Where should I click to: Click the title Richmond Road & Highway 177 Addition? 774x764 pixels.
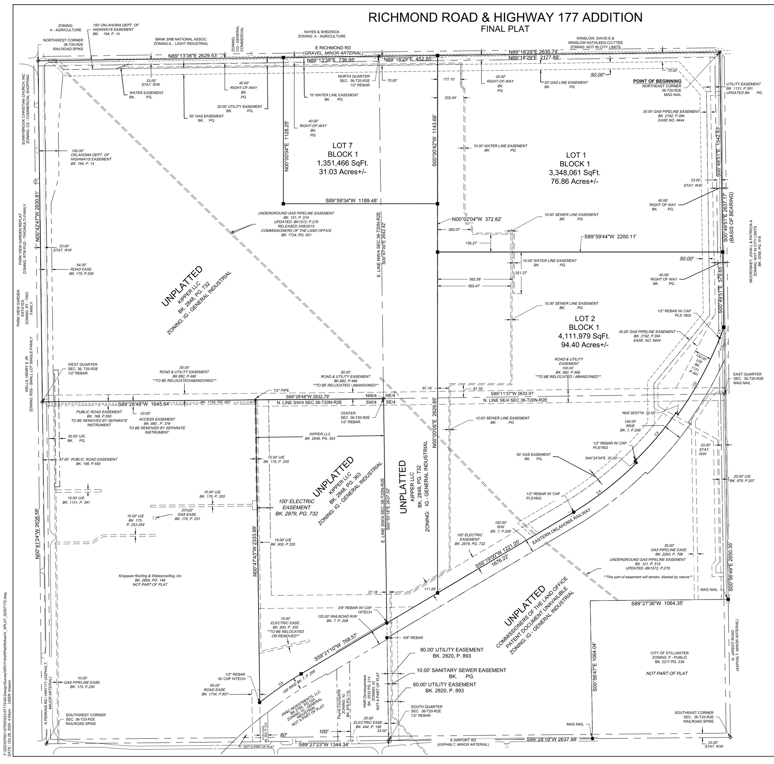click(505, 18)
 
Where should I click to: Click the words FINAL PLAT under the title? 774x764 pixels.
click(505, 29)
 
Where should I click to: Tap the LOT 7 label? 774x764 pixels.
click(342, 146)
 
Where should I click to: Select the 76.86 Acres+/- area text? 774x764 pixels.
click(574, 182)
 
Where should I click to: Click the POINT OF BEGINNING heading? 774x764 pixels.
click(657, 81)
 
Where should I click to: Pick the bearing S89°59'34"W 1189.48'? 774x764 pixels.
click(352, 201)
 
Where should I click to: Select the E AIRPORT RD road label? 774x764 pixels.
click(463, 740)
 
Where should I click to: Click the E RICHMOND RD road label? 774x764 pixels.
click(333, 48)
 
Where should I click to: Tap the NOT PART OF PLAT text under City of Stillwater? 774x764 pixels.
click(667, 673)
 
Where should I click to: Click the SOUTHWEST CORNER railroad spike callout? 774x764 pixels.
click(86, 719)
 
